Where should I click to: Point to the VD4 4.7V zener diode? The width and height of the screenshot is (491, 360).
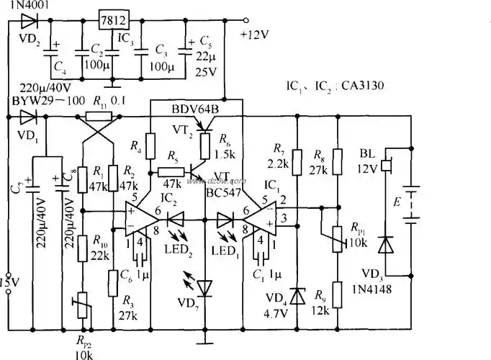coord(297,297)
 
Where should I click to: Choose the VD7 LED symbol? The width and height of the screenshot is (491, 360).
coord(206,287)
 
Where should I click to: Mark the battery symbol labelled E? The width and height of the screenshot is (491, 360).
coord(410,204)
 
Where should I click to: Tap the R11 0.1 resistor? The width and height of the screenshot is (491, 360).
coord(98,116)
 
